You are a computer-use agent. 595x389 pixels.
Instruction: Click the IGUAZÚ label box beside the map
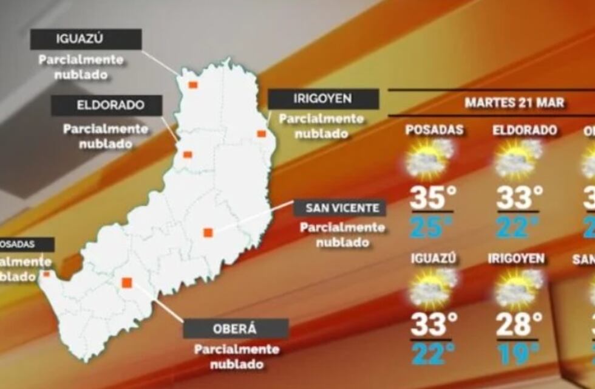point(86,40)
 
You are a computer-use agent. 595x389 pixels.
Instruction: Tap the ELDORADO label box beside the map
point(106,105)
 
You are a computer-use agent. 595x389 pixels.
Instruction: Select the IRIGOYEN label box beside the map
point(323,99)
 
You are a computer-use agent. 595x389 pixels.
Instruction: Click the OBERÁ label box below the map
point(236,329)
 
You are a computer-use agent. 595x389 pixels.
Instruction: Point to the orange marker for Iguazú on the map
point(193,85)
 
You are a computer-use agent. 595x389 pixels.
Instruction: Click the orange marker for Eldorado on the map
point(188,154)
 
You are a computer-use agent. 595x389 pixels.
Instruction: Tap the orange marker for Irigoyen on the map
point(261,134)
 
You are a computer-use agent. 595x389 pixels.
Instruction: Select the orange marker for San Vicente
point(208,232)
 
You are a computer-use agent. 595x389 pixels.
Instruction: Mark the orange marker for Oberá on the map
point(127,283)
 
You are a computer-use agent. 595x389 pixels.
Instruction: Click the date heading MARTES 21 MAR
point(514,102)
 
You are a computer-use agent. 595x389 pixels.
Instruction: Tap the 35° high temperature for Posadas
point(432,198)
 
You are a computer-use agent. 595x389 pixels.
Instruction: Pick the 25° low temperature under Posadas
point(432,227)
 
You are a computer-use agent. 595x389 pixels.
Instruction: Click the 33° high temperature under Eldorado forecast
point(520,198)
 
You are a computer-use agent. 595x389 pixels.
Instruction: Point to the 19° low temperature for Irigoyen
point(518,353)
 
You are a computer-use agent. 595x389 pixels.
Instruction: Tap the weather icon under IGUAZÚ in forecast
point(432,286)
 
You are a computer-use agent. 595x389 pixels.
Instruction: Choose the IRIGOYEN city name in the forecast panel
point(516,259)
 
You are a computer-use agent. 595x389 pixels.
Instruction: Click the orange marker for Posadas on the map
point(46,274)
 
